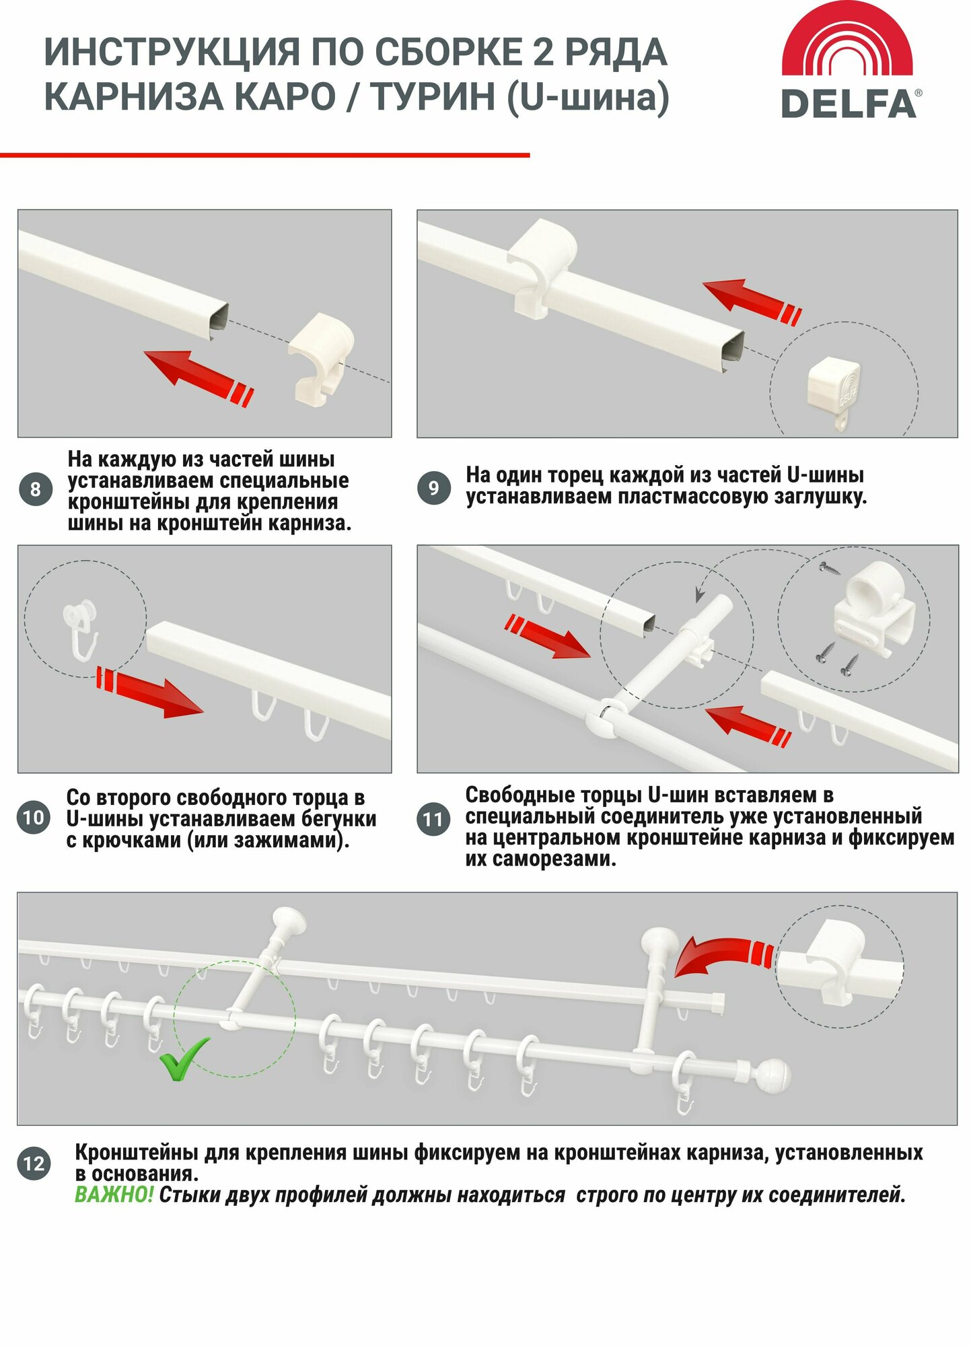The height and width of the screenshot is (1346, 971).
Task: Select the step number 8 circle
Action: point(36,489)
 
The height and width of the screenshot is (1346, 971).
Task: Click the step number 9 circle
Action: point(434,487)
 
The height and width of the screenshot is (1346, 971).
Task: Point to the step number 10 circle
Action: point(34,818)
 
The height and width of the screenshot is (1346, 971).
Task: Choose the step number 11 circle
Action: point(434,819)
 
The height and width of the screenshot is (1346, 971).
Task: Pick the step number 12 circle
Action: point(34,1164)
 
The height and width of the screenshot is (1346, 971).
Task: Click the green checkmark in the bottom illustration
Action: point(184,1057)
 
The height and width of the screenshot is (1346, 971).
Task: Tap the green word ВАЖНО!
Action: point(114,1195)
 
